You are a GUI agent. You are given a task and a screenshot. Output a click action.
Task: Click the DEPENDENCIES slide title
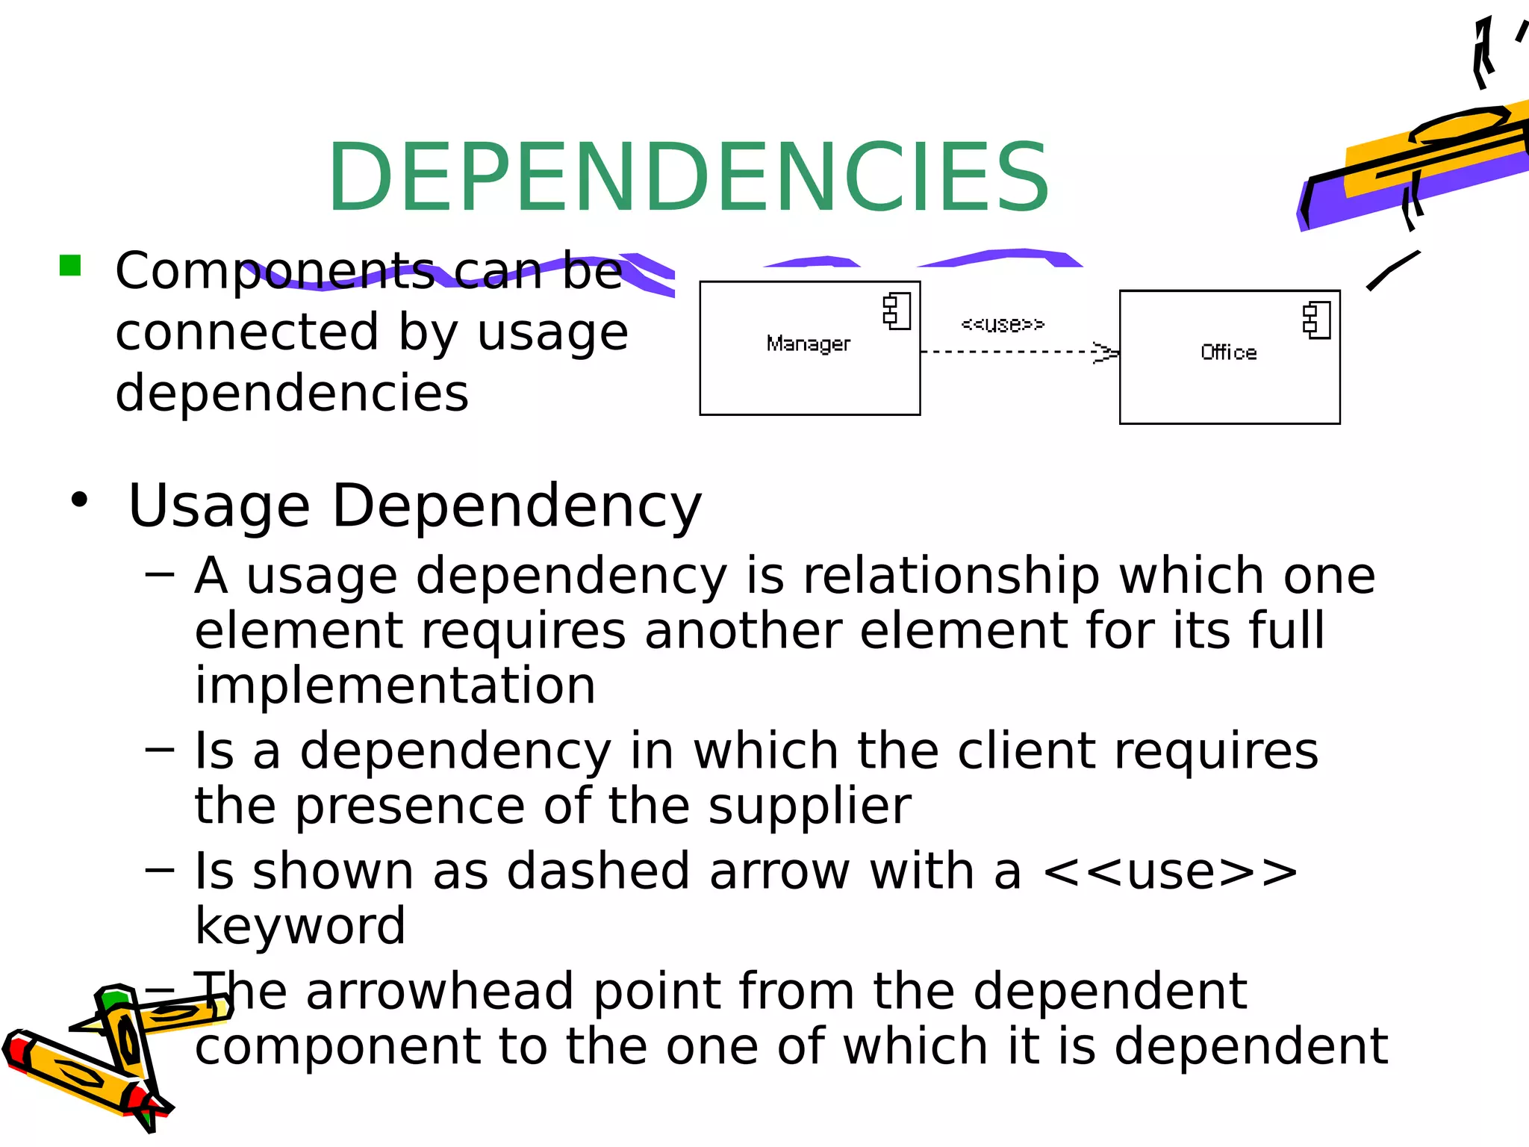tap(688, 178)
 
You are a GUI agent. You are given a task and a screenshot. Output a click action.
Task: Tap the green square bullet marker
tap(70, 265)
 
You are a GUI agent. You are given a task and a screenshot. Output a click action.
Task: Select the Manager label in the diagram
tap(808, 344)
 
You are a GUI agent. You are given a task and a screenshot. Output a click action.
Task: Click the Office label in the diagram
tap(1228, 352)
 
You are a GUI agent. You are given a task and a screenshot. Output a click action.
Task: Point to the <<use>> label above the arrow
tap(1002, 324)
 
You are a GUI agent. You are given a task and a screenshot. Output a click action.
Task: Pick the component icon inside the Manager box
tap(897, 311)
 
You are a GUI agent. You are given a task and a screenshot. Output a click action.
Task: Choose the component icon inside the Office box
tap(1316, 320)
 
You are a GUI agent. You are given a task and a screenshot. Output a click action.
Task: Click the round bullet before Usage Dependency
tap(80, 500)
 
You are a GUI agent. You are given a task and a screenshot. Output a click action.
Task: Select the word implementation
tap(395, 686)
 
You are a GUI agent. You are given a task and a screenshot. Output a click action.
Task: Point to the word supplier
tap(809, 806)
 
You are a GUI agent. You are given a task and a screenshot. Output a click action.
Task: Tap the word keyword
tap(300, 927)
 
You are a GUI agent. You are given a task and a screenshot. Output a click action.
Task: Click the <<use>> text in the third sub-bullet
tap(1170, 871)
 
